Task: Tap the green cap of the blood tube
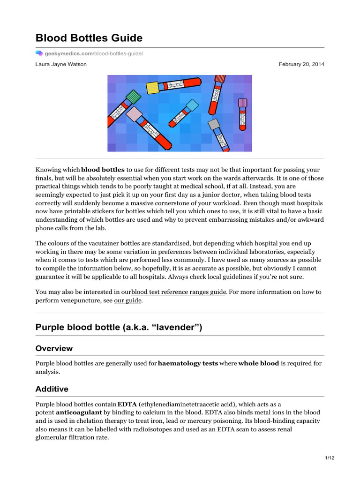click(134, 97)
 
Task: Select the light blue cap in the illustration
click(193, 105)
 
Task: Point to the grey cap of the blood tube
click(214, 124)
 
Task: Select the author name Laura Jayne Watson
click(61, 64)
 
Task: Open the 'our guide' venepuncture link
click(127, 300)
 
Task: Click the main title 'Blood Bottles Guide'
click(89, 38)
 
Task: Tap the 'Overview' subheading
click(54, 348)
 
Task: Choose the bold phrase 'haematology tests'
click(188, 363)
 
